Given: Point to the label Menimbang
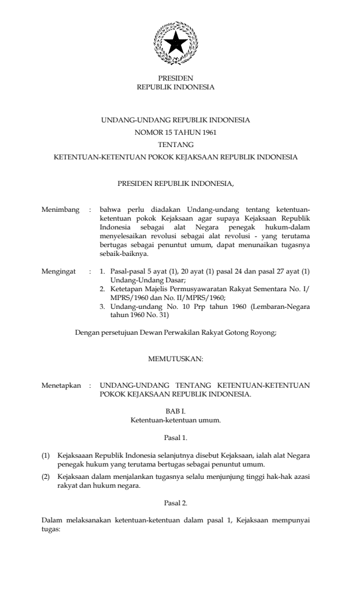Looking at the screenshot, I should [61, 209].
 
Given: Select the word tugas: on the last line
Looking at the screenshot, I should [52, 528].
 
